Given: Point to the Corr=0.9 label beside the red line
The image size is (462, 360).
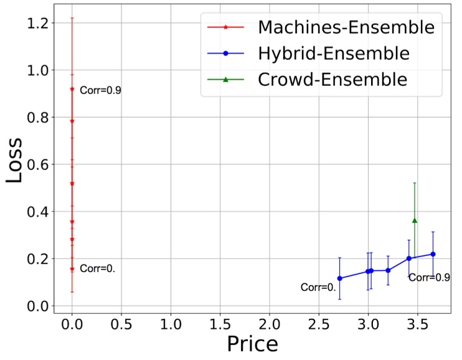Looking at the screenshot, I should (x=100, y=90).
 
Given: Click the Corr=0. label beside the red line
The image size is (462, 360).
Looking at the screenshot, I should (x=98, y=269).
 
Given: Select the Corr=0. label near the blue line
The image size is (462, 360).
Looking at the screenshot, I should (x=318, y=288).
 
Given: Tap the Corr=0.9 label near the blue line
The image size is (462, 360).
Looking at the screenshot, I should (x=429, y=277).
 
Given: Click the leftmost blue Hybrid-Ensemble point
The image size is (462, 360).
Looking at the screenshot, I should (x=339, y=278).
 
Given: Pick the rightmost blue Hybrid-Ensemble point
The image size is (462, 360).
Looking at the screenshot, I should (x=433, y=254).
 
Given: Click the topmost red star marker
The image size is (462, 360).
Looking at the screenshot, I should (x=72, y=89).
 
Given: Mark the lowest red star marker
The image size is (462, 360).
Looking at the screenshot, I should (x=72, y=269).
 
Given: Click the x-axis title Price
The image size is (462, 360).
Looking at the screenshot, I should (x=252, y=344).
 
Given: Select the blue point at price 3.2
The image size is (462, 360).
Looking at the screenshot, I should (x=388, y=270).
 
